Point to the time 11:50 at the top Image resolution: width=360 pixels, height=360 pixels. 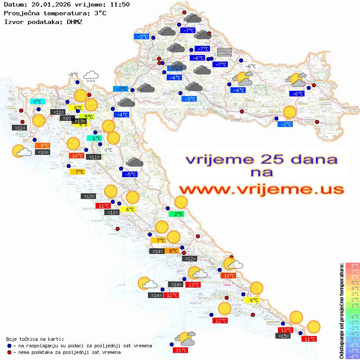click(x=120, y=4)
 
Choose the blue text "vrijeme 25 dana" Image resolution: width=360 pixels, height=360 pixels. click(x=261, y=159)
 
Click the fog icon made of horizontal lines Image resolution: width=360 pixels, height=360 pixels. click(x=224, y=52)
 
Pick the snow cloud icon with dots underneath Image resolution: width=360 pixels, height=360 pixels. click(x=91, y=77)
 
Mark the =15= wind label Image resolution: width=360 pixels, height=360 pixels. click(x=283, y=336)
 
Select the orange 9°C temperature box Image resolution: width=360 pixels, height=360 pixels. click(x=45, y=146)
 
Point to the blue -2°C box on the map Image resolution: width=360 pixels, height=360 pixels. click(x=120, y=89)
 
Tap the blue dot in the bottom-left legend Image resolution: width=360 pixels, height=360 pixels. click(x=9, y=346)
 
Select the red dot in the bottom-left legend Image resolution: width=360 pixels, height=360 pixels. click(x=9, y=352)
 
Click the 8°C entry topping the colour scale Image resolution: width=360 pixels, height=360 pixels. click(x=353, y=265)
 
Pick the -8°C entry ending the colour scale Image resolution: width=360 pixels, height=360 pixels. click(x=353, y=356)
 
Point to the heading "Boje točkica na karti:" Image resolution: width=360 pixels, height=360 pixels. click(x=35, y=339)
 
